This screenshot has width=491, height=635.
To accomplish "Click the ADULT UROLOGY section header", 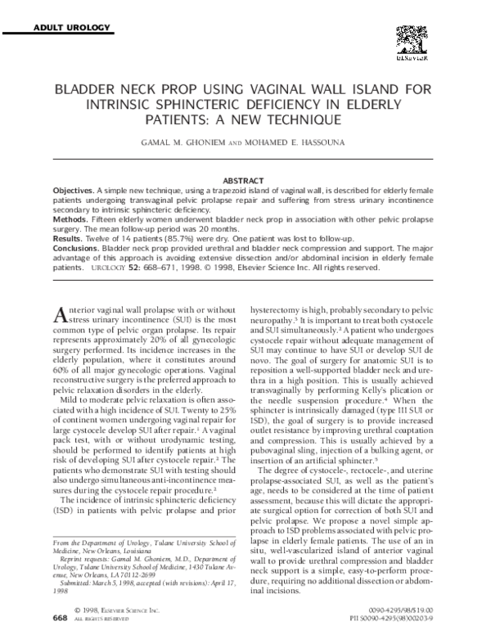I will tap(70, 29).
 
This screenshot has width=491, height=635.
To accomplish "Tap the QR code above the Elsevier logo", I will tap(413, 40).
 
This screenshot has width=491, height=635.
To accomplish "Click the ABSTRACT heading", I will tap(245, 179).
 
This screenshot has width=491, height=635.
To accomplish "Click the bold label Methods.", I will tap(73, 220).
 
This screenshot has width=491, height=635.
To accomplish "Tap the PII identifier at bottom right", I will tap(408, 619).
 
